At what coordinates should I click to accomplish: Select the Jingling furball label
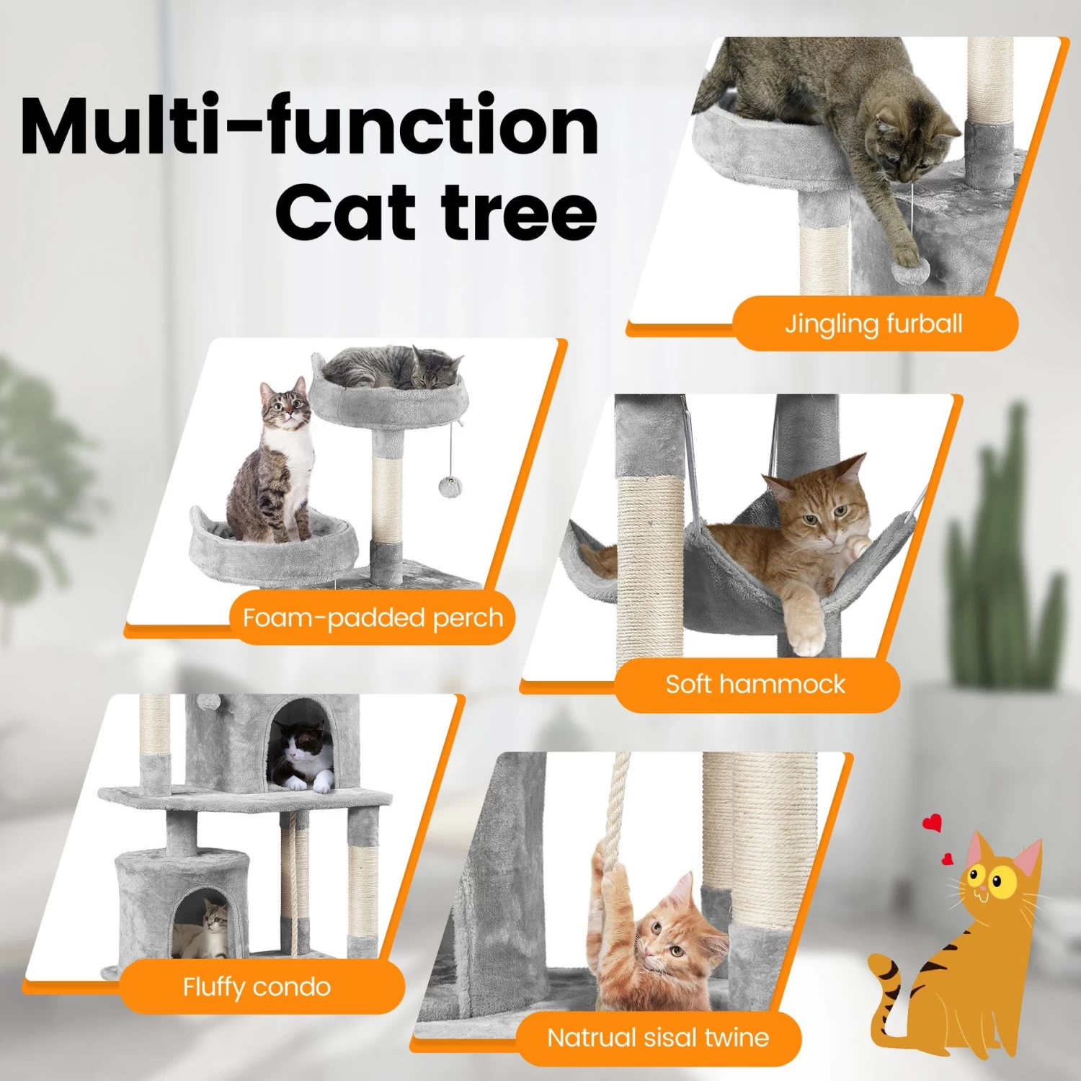(874, 324)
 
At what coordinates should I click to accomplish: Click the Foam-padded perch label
(373, 618)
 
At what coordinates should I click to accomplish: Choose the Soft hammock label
(755, 684)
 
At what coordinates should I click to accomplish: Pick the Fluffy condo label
(257, 987)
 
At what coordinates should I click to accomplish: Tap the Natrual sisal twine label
(658, 1038)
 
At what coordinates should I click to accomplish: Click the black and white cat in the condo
(303, 757)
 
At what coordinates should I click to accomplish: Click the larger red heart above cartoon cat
(933, 822)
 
